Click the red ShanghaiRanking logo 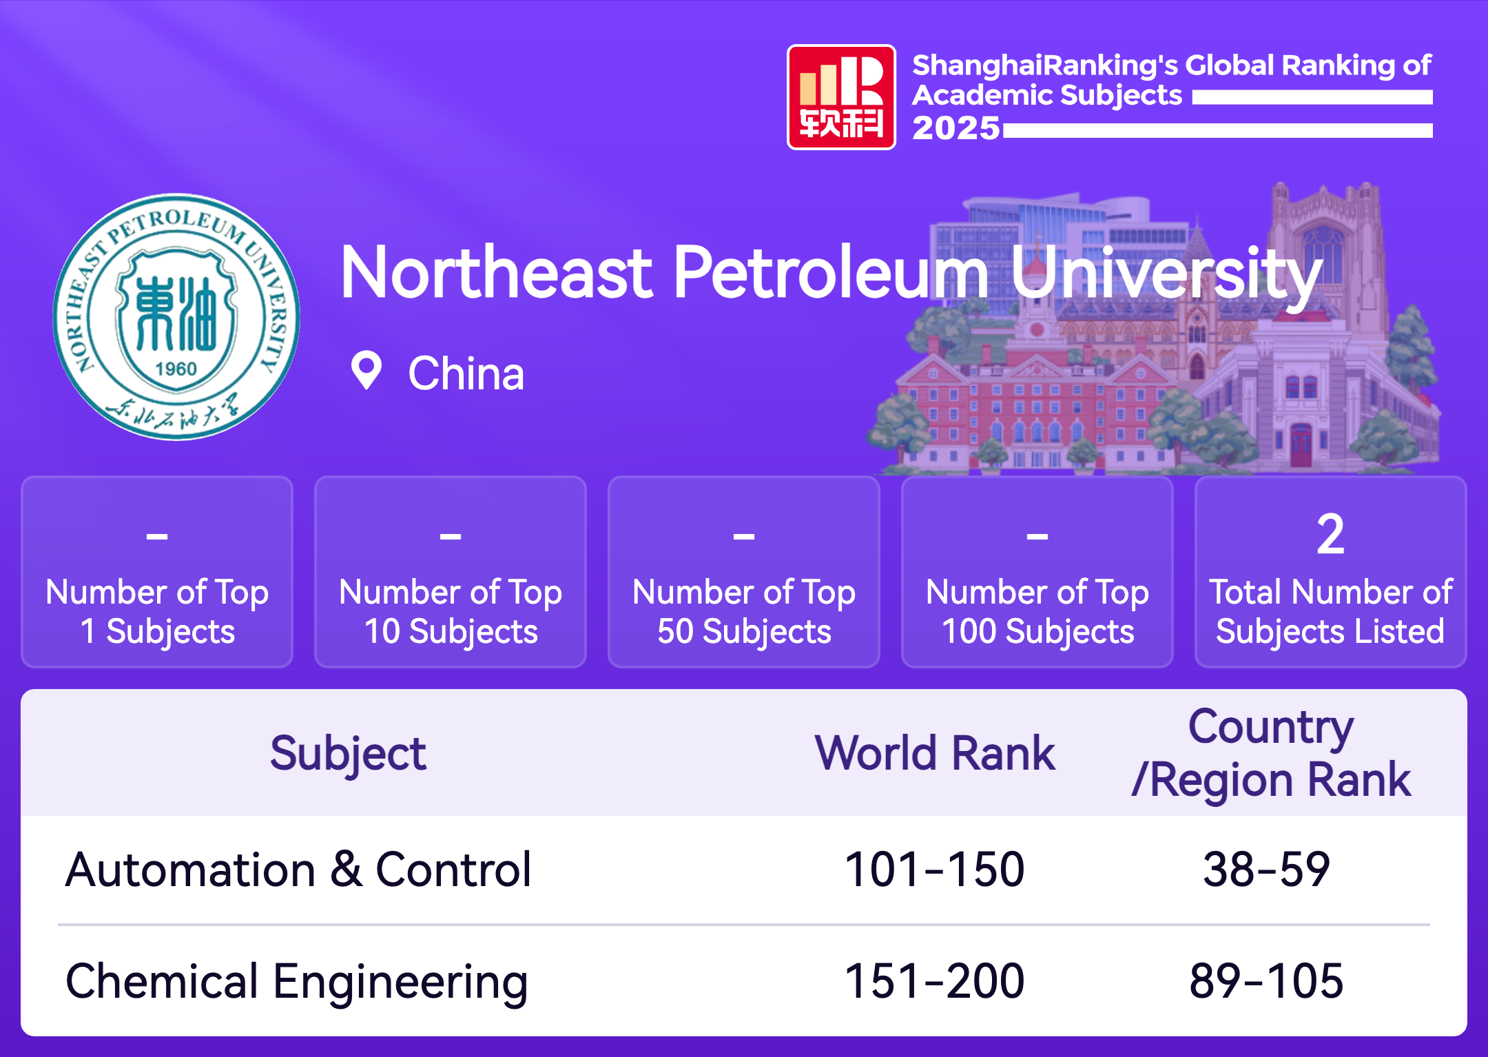pyautogui.click(x=841, y=97)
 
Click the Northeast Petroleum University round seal pyautogui.click(x=176, y=316)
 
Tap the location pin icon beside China pyautogui.click(x=366, y=371)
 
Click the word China pyautogui.click(x=466, y=373)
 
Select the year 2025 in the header pyautogui.click(x=955, y=128)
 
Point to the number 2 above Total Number pyautogui.click(x=1330, y=534)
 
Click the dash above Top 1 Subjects pyautogui.click(x=157, y=535)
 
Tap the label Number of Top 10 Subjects pyautogui.click(x=451, y=612)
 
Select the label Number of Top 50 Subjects pyautogui.click(x=744, y=612)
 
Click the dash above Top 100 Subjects pyautogui.click(x=1037, y=535)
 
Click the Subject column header pyautogui.click(x=348, y=754)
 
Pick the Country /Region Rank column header pyautogui.click(x=1271, y=753)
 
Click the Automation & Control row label pyautogui.click(x=298, y=870)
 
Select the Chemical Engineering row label pyautogui.click(x=297, y=982)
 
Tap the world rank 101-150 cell pyautogui.click(x=935, y=870)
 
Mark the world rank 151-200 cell pyautogui.click(x=935, y=981)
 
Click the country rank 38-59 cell pyautogui.click(x=1266, y=870)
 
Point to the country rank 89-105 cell pyautogui.click(x=1266, y=981)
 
